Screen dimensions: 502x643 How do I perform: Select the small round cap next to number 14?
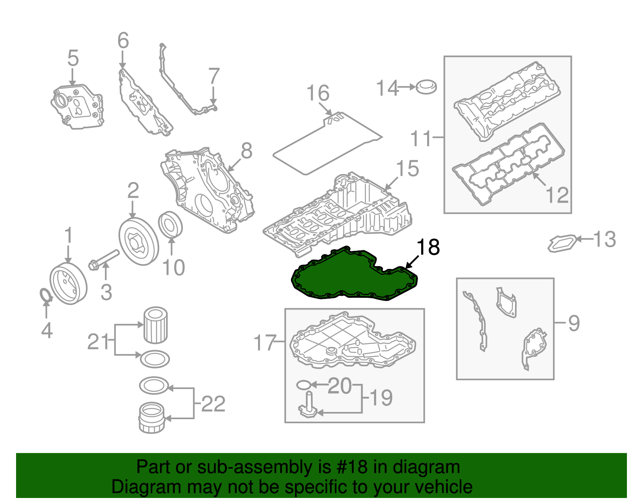tap(426, 87)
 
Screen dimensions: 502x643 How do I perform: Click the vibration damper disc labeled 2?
tap(139, 241)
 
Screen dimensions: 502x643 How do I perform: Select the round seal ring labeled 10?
tap(171, 224)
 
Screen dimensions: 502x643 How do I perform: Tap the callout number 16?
tap(317, 93)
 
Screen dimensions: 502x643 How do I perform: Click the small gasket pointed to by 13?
tap(562, 243)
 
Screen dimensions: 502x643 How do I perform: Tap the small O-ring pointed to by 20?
tap(303, 385)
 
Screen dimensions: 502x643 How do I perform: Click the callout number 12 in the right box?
tap(557, 195)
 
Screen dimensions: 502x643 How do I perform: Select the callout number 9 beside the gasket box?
tap(573, 323)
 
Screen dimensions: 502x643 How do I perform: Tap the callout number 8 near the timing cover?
tap(246, 151)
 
